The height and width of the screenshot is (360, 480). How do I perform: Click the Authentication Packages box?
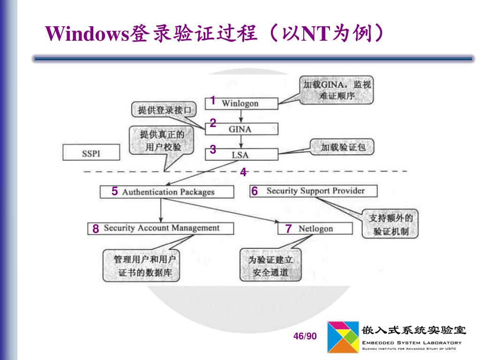(167, 192)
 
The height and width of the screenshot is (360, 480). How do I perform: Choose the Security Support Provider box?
(314, 191)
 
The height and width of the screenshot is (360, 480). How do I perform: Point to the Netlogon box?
(315, 229)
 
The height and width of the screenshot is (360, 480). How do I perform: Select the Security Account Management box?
(160, 228)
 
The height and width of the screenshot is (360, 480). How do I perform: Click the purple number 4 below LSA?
(243, 172)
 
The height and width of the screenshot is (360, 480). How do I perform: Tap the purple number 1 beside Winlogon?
(212, 101)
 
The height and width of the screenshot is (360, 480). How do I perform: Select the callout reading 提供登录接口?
(163, 111)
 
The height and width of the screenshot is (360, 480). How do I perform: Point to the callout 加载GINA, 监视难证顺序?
(336, 90)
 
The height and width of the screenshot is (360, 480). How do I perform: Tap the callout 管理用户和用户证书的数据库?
(141, 266)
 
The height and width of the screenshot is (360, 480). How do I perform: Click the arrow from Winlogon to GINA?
(240, 116)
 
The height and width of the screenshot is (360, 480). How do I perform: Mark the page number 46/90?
(305, 336)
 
